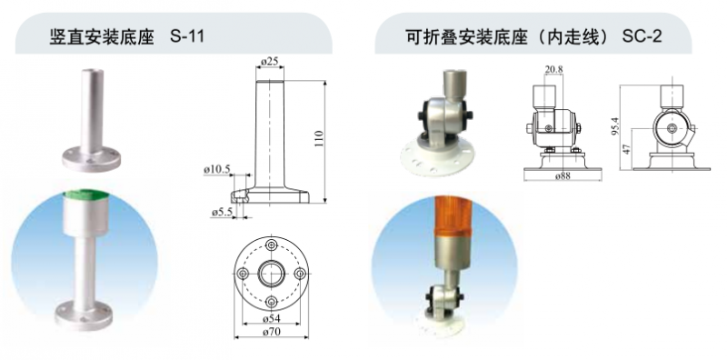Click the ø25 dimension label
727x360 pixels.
coord(269,61)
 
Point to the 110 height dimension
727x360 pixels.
coord(320,139)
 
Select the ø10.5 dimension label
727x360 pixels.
coord(217,170)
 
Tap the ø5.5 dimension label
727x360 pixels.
coord(222,212)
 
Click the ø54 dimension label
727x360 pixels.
coord(271,319)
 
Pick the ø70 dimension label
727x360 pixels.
coord(272,332)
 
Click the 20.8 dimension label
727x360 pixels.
coord(553,70)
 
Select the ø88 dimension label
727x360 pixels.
coord(563,176)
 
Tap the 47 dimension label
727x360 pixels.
coord(626,149)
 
